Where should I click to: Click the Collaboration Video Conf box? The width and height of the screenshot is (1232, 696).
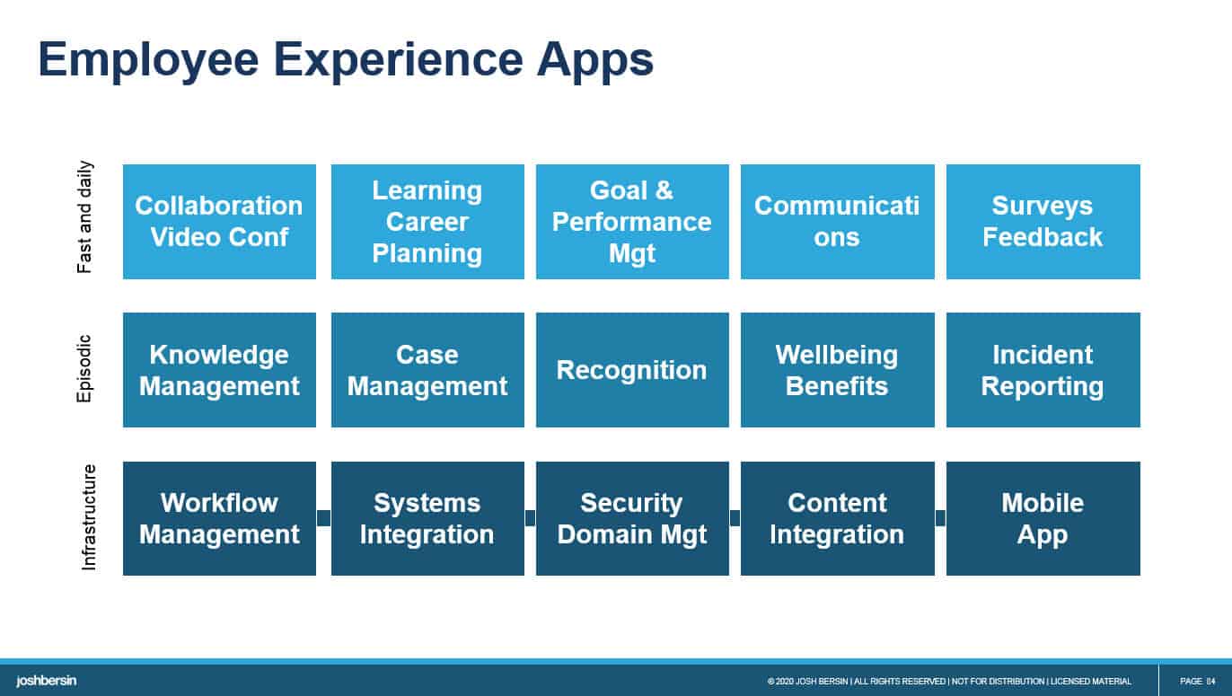point(219,222)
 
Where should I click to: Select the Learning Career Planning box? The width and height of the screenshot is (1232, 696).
point(427,222)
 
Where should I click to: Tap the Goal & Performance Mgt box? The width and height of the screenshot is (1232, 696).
point(632,222)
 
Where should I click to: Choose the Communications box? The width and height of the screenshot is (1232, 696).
point(837,222)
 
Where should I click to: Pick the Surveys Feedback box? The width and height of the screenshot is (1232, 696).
point(1043,222)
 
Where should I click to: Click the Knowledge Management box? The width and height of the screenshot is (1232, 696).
point(219,370)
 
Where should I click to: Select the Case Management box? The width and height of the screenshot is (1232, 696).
point(427,370)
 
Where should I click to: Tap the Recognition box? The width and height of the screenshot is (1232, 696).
point(632,370)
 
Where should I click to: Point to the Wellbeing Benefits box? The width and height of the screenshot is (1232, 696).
point(837,370)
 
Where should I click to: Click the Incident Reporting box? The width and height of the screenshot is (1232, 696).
point(1043,370)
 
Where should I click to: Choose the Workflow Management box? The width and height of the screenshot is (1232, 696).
point(219,518)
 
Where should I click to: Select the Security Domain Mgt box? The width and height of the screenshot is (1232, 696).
point(632,518)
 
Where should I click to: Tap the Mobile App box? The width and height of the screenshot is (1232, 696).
point(1043,518)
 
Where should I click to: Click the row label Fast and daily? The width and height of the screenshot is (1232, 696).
point(85,217)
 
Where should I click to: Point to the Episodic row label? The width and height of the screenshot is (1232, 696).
point(85,368)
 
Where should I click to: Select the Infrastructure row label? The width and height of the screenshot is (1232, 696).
point(89,517)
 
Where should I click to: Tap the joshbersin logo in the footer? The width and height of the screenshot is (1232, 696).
point(47,681)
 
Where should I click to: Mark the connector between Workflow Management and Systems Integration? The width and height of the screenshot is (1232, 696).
point(323,518)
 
